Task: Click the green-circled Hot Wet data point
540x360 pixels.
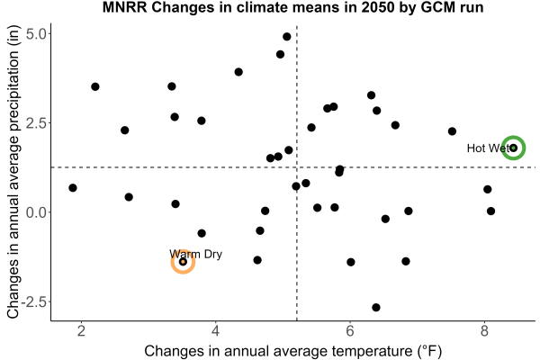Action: click(x=514, y=148)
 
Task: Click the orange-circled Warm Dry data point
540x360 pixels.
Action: click(x=184, y=262)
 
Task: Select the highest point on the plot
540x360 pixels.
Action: click(x=287, y=37)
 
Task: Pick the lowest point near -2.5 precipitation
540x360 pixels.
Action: click(x=376, y=307)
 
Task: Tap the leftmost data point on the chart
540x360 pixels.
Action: click(x=73, y=188)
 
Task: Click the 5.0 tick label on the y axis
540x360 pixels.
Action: click(x=35, y=34)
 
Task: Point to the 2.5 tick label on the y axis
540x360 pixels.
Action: click(x=35, y=123)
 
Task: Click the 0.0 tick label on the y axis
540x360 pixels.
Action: click(x=35, y=212)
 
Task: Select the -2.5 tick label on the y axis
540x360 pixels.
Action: click(x=33, y=301)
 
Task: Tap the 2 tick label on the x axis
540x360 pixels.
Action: click(x=81, y=330)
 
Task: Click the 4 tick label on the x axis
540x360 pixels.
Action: click(x=216, y=330)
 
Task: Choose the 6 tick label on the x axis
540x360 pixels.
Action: click(x=350, y=330)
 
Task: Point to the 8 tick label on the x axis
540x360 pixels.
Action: click(x=484, y=330)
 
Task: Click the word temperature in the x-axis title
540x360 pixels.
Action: click(x=372, y=351)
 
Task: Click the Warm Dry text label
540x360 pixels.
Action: click(x=195, y=254)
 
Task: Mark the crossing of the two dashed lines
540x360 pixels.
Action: click(x=296, y=167)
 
